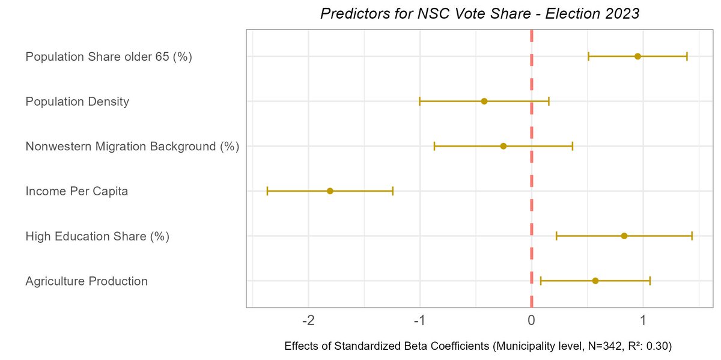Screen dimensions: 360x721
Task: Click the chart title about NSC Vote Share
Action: coord(479,14)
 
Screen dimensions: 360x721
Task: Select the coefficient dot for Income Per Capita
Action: coord(330,191)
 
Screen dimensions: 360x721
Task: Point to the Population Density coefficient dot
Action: coord(484,102)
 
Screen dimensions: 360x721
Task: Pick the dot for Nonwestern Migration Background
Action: coord(503,146)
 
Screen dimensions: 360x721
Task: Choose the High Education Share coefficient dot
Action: coord(624,236)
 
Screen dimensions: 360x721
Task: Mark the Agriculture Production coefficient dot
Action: coord(595,281)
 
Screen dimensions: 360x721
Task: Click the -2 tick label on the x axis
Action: coord(308,320)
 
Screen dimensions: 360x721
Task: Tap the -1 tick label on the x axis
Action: coord(420,320)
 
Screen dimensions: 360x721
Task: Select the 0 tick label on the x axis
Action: coord(532,320)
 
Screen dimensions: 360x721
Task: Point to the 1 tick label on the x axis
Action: coord(643,320)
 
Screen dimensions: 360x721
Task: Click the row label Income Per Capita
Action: coord(77,192)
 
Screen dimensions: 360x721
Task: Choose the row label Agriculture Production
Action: coord(87,281)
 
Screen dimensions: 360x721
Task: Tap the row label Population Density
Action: coord(78,102)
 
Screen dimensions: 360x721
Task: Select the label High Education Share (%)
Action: coord(97,237)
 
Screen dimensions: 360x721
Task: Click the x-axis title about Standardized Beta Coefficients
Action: coord(478,347)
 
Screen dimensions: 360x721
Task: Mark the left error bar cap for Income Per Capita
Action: coord(267,191)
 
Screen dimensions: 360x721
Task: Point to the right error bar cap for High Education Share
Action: coord(692,236)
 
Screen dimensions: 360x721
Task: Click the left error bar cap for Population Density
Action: coord(420,102)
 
